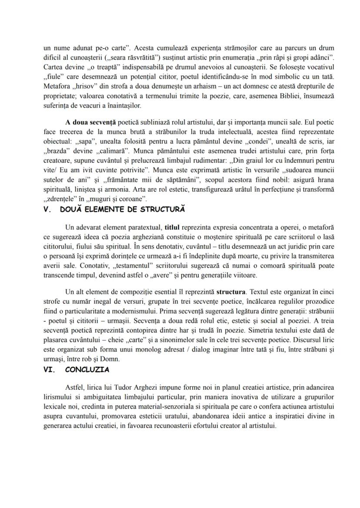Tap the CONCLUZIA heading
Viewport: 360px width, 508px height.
[x=87, y=370]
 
